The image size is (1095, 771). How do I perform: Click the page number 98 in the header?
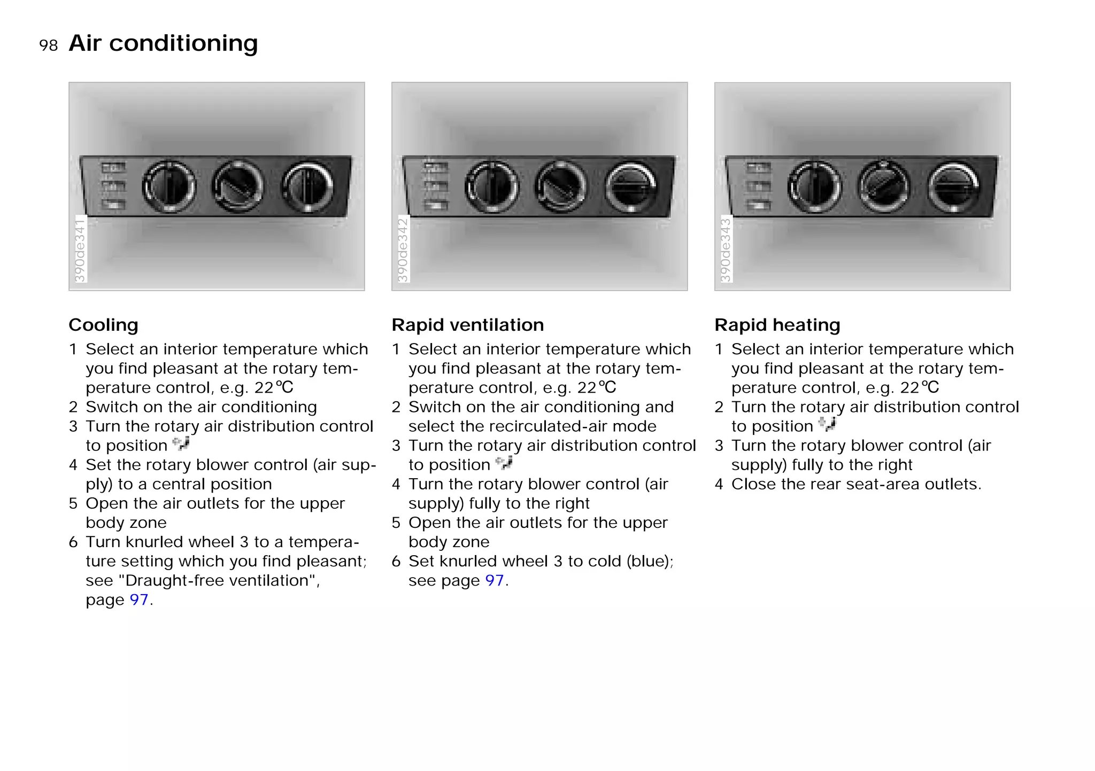(48, 45)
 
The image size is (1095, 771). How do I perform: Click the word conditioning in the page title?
(183, 44)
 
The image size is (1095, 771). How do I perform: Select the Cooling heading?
(103, 325)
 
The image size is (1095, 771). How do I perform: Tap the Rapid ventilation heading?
(467, 325)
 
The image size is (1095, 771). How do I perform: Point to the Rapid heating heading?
(777, 325)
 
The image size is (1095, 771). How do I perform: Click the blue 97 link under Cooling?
(138, 599)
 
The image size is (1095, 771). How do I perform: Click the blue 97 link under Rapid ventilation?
(495, 580)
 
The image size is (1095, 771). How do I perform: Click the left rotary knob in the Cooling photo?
(169, 186)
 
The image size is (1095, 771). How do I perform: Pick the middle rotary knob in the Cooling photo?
(238, 186)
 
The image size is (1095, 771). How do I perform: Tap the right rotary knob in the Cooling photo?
(307, 186)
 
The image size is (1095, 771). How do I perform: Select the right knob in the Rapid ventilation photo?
(631, 186)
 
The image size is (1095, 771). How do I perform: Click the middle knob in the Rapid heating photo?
(883, 186)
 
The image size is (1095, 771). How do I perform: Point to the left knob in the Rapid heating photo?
(815, 186)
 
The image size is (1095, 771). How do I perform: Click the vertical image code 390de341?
(80, 250)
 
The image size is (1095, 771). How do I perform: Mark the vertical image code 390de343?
(726, 250)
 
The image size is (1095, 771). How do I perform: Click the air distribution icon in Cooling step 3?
(181, 443)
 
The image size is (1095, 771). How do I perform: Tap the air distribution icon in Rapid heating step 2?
(827, 424)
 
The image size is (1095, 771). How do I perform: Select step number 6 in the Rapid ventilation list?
(396, 561)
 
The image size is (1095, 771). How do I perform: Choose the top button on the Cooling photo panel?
(113, 168)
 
